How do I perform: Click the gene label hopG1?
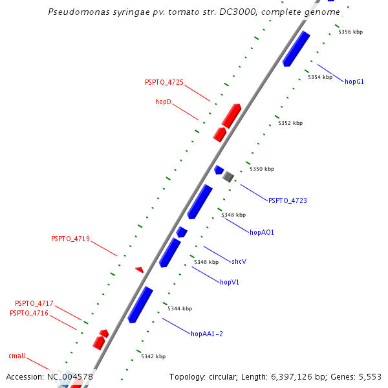[x=354, y=81]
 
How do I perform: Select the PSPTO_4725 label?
[x=164, y=82]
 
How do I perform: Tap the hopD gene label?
[x=163, y=102]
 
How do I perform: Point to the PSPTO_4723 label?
[x=288, y=200]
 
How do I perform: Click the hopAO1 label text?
[x=262, y=232]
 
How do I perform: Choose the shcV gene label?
[x=239, y=261]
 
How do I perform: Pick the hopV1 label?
[x=230, y=282]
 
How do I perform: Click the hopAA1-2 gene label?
[x=207, y=334]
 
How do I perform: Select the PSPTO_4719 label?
[x=70, y=239]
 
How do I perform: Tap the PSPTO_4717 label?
[x=34, y=303]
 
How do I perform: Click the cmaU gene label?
[x=17, y=356]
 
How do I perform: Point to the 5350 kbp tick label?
[x=262, y=169]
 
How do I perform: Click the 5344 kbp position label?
[x=180, y=308]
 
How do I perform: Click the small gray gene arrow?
[x=228, y=176]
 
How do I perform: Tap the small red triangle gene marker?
[x=140, y=269]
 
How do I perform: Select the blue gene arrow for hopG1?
[x=296, y=48]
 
